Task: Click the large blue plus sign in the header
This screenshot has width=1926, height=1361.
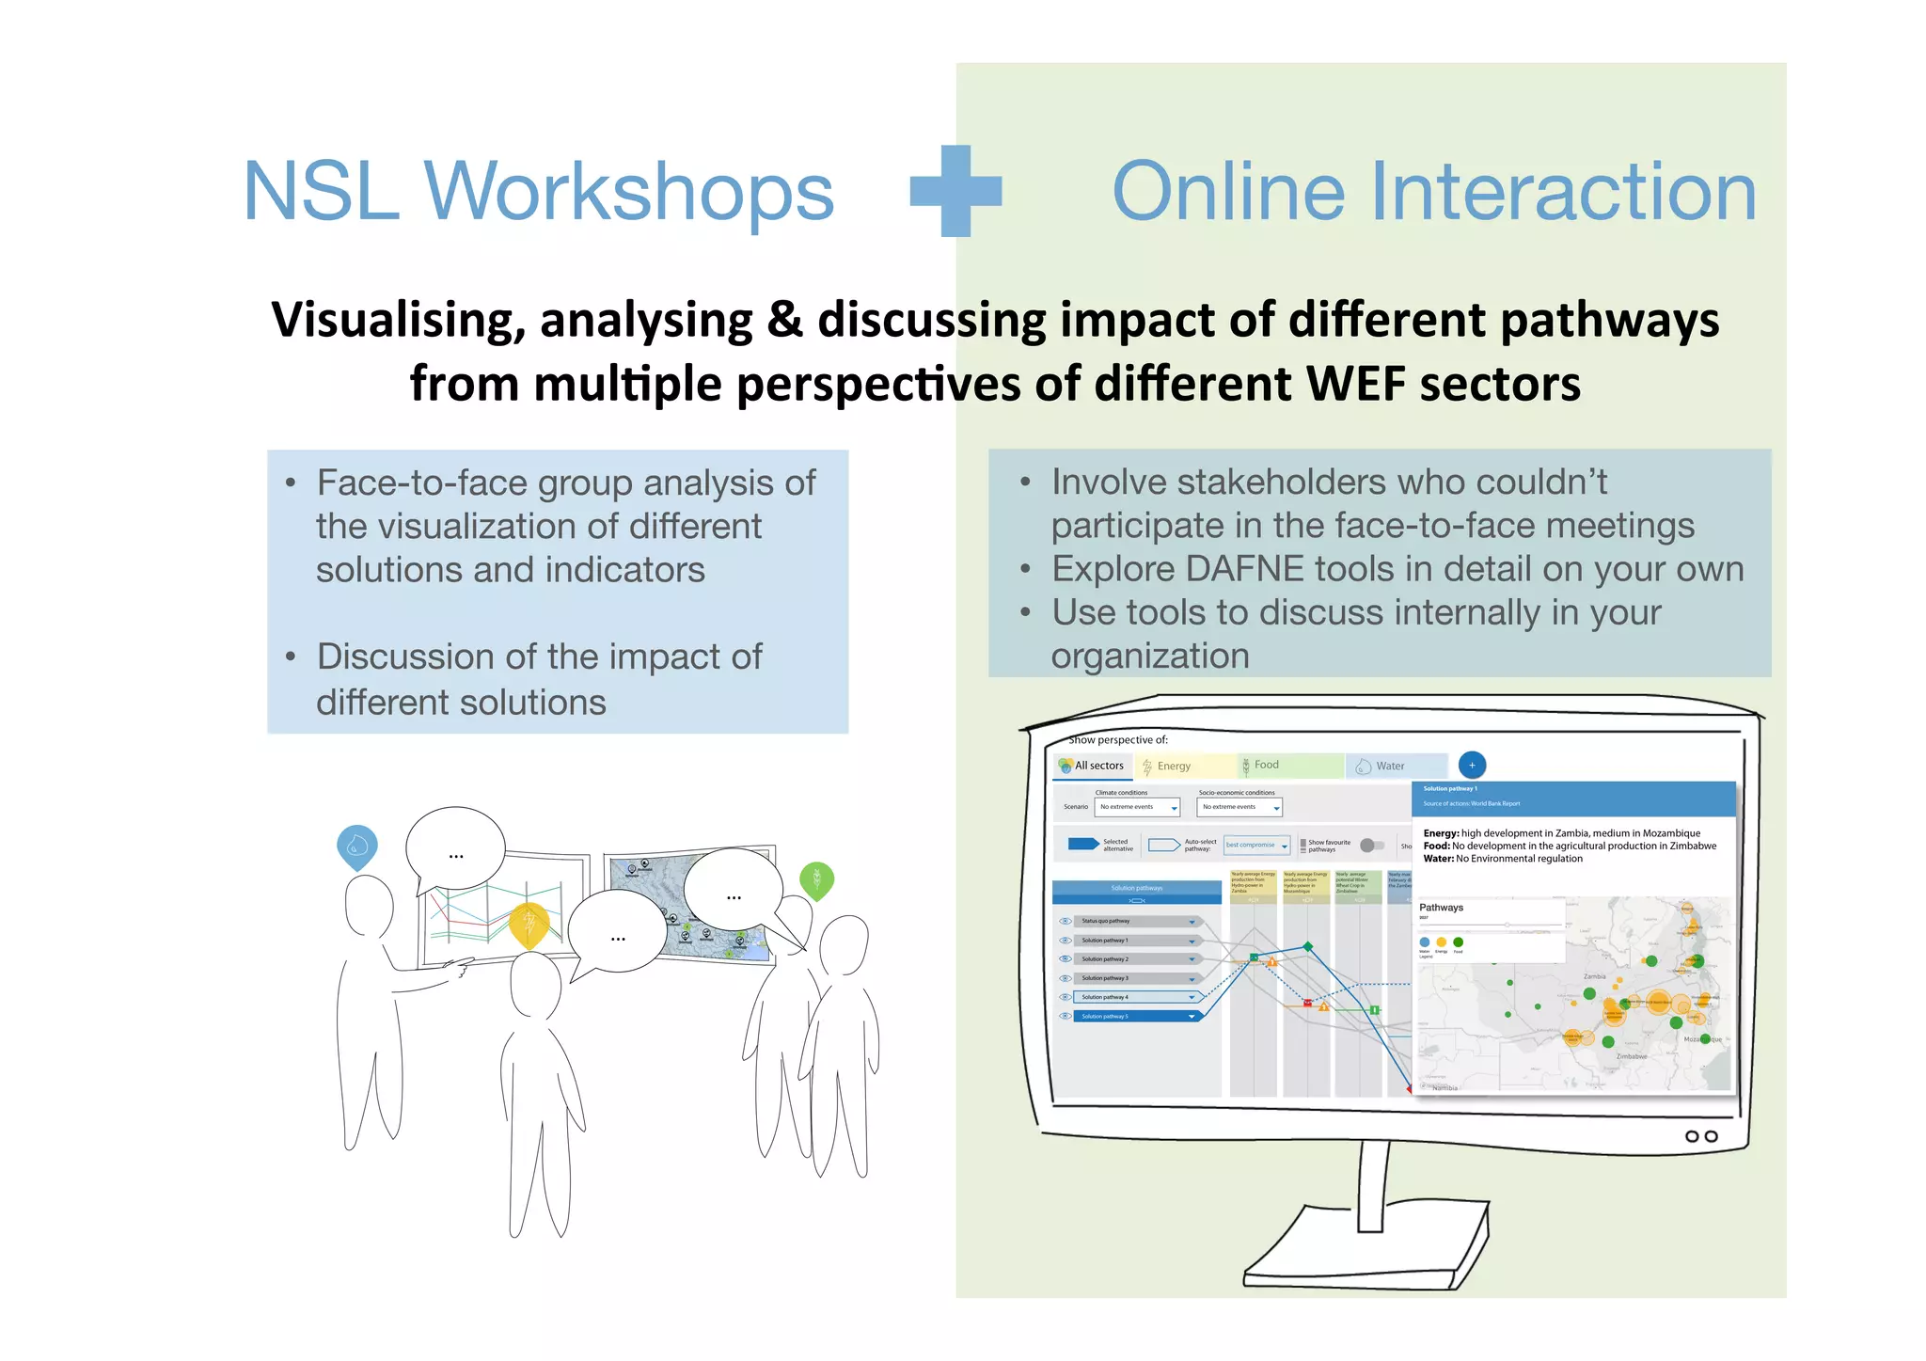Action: (x=956, y=191)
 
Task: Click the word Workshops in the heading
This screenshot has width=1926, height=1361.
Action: (x=628, y=192)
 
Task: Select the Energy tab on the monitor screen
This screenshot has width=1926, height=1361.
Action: (x=1173, y=767)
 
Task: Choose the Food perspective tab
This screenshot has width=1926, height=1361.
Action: (x=1266, y=766)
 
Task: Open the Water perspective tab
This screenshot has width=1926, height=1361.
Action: (x=1389, y=767)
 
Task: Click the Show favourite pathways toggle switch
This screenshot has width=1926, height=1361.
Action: (x=1372, y=845)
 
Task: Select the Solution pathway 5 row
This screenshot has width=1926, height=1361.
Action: (x=1136, y=1017)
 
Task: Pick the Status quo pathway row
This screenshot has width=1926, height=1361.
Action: (x=1136, y=921)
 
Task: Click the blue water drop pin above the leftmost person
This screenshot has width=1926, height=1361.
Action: (x=357, y=844)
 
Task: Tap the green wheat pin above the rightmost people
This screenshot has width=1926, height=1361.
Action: (x=816, y=879)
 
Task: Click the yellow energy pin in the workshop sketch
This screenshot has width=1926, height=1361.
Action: (x=529, y=925)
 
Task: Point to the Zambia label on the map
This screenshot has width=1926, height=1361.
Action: (x=1594, y=976)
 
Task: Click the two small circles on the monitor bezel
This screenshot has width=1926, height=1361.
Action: (x=1701, y=1136)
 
